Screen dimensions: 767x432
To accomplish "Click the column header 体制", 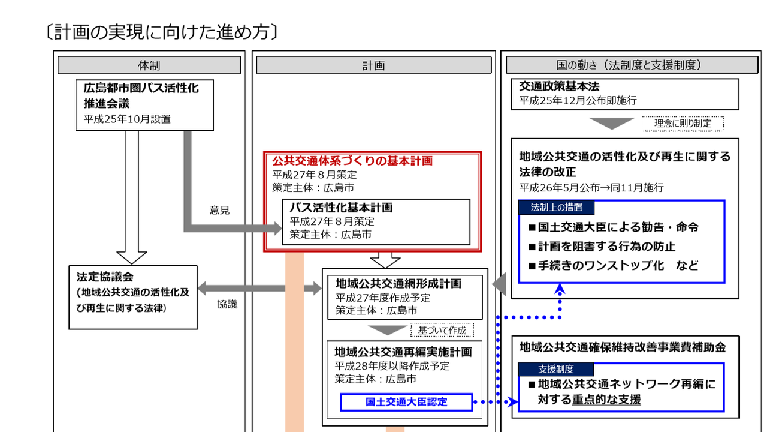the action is tap(149, 65).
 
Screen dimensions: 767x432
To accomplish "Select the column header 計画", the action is tap(373, 65).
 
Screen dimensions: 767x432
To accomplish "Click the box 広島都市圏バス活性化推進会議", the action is tap(144, 105).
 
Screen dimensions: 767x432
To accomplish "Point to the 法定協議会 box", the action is tap(133, 297).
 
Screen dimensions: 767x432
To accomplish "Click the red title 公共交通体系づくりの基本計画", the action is tap(352, 161).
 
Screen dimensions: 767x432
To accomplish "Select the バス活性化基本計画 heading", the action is tap(341, 208).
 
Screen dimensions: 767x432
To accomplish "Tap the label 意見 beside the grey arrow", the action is tap(219, 210).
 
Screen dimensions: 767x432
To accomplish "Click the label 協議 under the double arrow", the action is tap(227, 304).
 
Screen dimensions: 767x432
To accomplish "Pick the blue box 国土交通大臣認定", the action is tap(406, 402).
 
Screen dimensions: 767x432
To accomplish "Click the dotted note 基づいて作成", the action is tap(442, 330).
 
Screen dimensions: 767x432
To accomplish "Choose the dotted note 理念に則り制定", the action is tap(683, 124).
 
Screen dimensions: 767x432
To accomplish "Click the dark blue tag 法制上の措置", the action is tap(557, 208).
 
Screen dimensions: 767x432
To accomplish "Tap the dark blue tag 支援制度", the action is tap(555, 369).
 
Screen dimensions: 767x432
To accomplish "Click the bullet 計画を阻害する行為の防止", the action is tap(602, 246).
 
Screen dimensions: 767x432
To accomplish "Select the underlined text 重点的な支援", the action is tap(606, 400).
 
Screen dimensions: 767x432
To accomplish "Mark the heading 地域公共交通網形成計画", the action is tap(398, 284).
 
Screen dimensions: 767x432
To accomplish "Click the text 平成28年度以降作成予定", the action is tap(392, 366).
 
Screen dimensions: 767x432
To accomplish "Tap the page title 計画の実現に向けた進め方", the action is tap(162, 32).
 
